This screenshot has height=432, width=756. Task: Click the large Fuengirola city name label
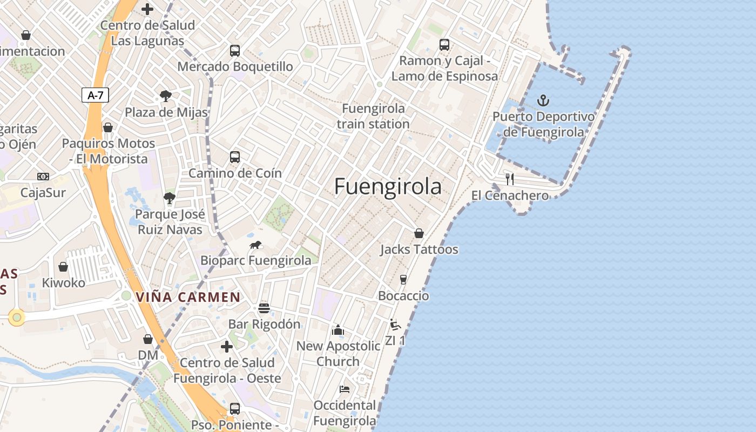tap(388, 186)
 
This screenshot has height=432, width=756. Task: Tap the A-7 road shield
tap(96, 96)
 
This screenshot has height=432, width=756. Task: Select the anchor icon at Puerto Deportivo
tap(543, 100)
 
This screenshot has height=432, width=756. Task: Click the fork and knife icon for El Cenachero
tap(509, 179)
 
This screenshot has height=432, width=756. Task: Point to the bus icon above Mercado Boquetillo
tap(235, 51)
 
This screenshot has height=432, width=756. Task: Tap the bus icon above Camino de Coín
tap(235, 157)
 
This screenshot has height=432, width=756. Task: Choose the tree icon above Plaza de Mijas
tap(166, 97)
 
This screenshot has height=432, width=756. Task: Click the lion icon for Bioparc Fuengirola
tap(255, 245)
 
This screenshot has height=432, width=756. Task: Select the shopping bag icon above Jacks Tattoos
tap(418, 233)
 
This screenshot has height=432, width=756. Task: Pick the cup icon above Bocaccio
tap(403, 279)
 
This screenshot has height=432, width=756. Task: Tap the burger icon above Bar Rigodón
tap(264, 308)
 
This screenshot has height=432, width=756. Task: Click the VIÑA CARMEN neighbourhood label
tap(188, 297)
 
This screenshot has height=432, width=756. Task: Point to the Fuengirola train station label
tap(373, 116)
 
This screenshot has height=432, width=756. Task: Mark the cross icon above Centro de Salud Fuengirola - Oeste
tap(227, 346)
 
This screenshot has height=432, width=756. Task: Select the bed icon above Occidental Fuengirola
tap(345, 389)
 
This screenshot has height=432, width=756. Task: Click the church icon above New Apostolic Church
tap(338, 330)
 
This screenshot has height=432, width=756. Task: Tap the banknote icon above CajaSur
tap(43, 177)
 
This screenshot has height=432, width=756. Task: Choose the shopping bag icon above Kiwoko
tap(63, 267)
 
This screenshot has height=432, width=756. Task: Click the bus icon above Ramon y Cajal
tap(444, 45)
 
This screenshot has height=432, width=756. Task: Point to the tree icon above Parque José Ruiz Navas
tap(170, 198)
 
